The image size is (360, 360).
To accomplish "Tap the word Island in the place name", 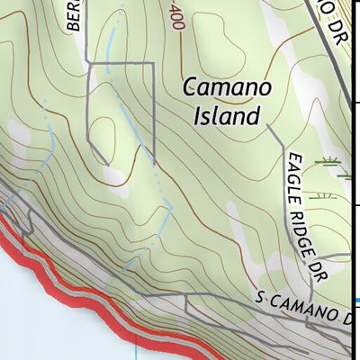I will (227, 115).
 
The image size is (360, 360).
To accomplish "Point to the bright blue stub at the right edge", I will (356, 301).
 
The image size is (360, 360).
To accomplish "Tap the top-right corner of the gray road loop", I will (153, 65).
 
